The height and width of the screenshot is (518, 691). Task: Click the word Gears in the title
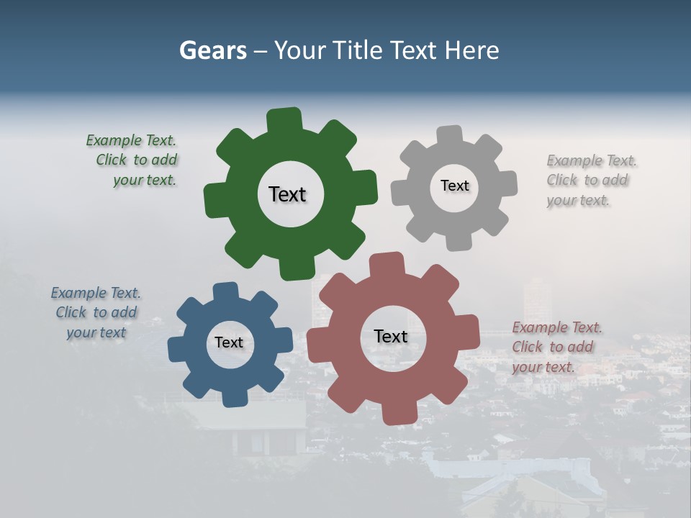click(x=213, y=51)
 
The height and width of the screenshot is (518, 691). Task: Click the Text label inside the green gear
click(x=287, y=194)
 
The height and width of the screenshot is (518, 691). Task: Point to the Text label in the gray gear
click(x=454, y=186)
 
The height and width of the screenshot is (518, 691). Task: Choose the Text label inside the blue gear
click(x=229, y=342)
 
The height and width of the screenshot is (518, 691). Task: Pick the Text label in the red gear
click(x=391, y=336)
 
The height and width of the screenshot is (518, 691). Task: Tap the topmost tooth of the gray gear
click(x=450, y=135)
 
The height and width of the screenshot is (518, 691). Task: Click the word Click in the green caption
click(x=112, y=160)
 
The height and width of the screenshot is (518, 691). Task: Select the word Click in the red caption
click(x=528, y=347)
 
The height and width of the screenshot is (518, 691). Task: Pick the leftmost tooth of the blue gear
click(x=177, y=350)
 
